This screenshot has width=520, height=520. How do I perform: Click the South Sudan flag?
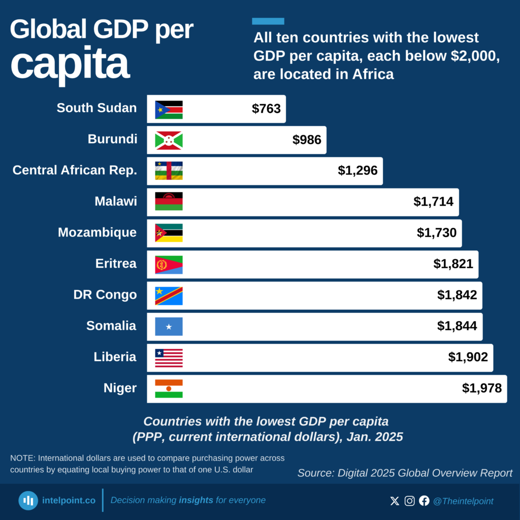pos(169,110)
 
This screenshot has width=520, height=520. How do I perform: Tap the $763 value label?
pos(266,109)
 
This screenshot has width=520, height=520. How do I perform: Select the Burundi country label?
pos(112,139)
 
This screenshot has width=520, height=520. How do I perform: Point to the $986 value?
pos(307,140)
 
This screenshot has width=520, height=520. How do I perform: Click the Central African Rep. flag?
pos(169,171)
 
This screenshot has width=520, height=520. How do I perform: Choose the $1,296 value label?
pos(357,171)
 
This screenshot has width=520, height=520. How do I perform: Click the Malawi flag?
pos(169,202)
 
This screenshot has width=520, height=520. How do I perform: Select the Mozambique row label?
pos(97,233)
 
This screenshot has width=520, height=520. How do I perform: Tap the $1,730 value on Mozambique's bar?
pos(437,233)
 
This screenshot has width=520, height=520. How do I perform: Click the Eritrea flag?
pos(169,265)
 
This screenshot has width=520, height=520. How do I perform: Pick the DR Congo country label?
pos(105,295)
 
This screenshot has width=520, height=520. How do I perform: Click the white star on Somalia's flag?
pos(169,327)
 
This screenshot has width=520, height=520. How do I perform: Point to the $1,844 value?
pos(457,326)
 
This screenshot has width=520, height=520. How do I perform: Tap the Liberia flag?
pos(169,358)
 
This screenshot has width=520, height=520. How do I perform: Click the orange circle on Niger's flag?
pos(169,389)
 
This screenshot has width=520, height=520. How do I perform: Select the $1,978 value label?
pos(481,388)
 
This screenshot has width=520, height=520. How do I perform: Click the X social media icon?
pos(395,501)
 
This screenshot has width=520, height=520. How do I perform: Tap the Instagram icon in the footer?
pos(409,501)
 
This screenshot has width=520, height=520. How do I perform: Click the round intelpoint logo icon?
pos(28,501)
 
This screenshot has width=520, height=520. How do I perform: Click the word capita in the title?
pos(70,64)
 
